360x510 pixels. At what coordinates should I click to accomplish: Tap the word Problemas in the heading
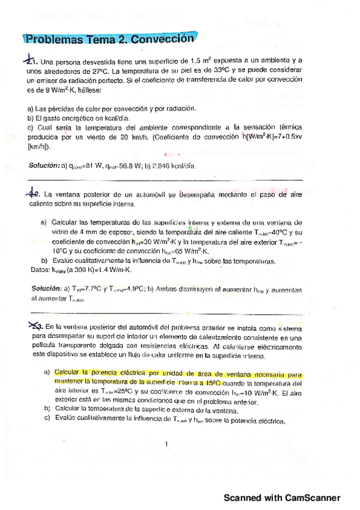point(55,40)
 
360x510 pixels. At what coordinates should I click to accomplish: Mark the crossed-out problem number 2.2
point(32,194)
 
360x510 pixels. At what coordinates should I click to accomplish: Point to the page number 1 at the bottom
point(165,444)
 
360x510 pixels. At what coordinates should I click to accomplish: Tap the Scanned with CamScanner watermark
point(282,498)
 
